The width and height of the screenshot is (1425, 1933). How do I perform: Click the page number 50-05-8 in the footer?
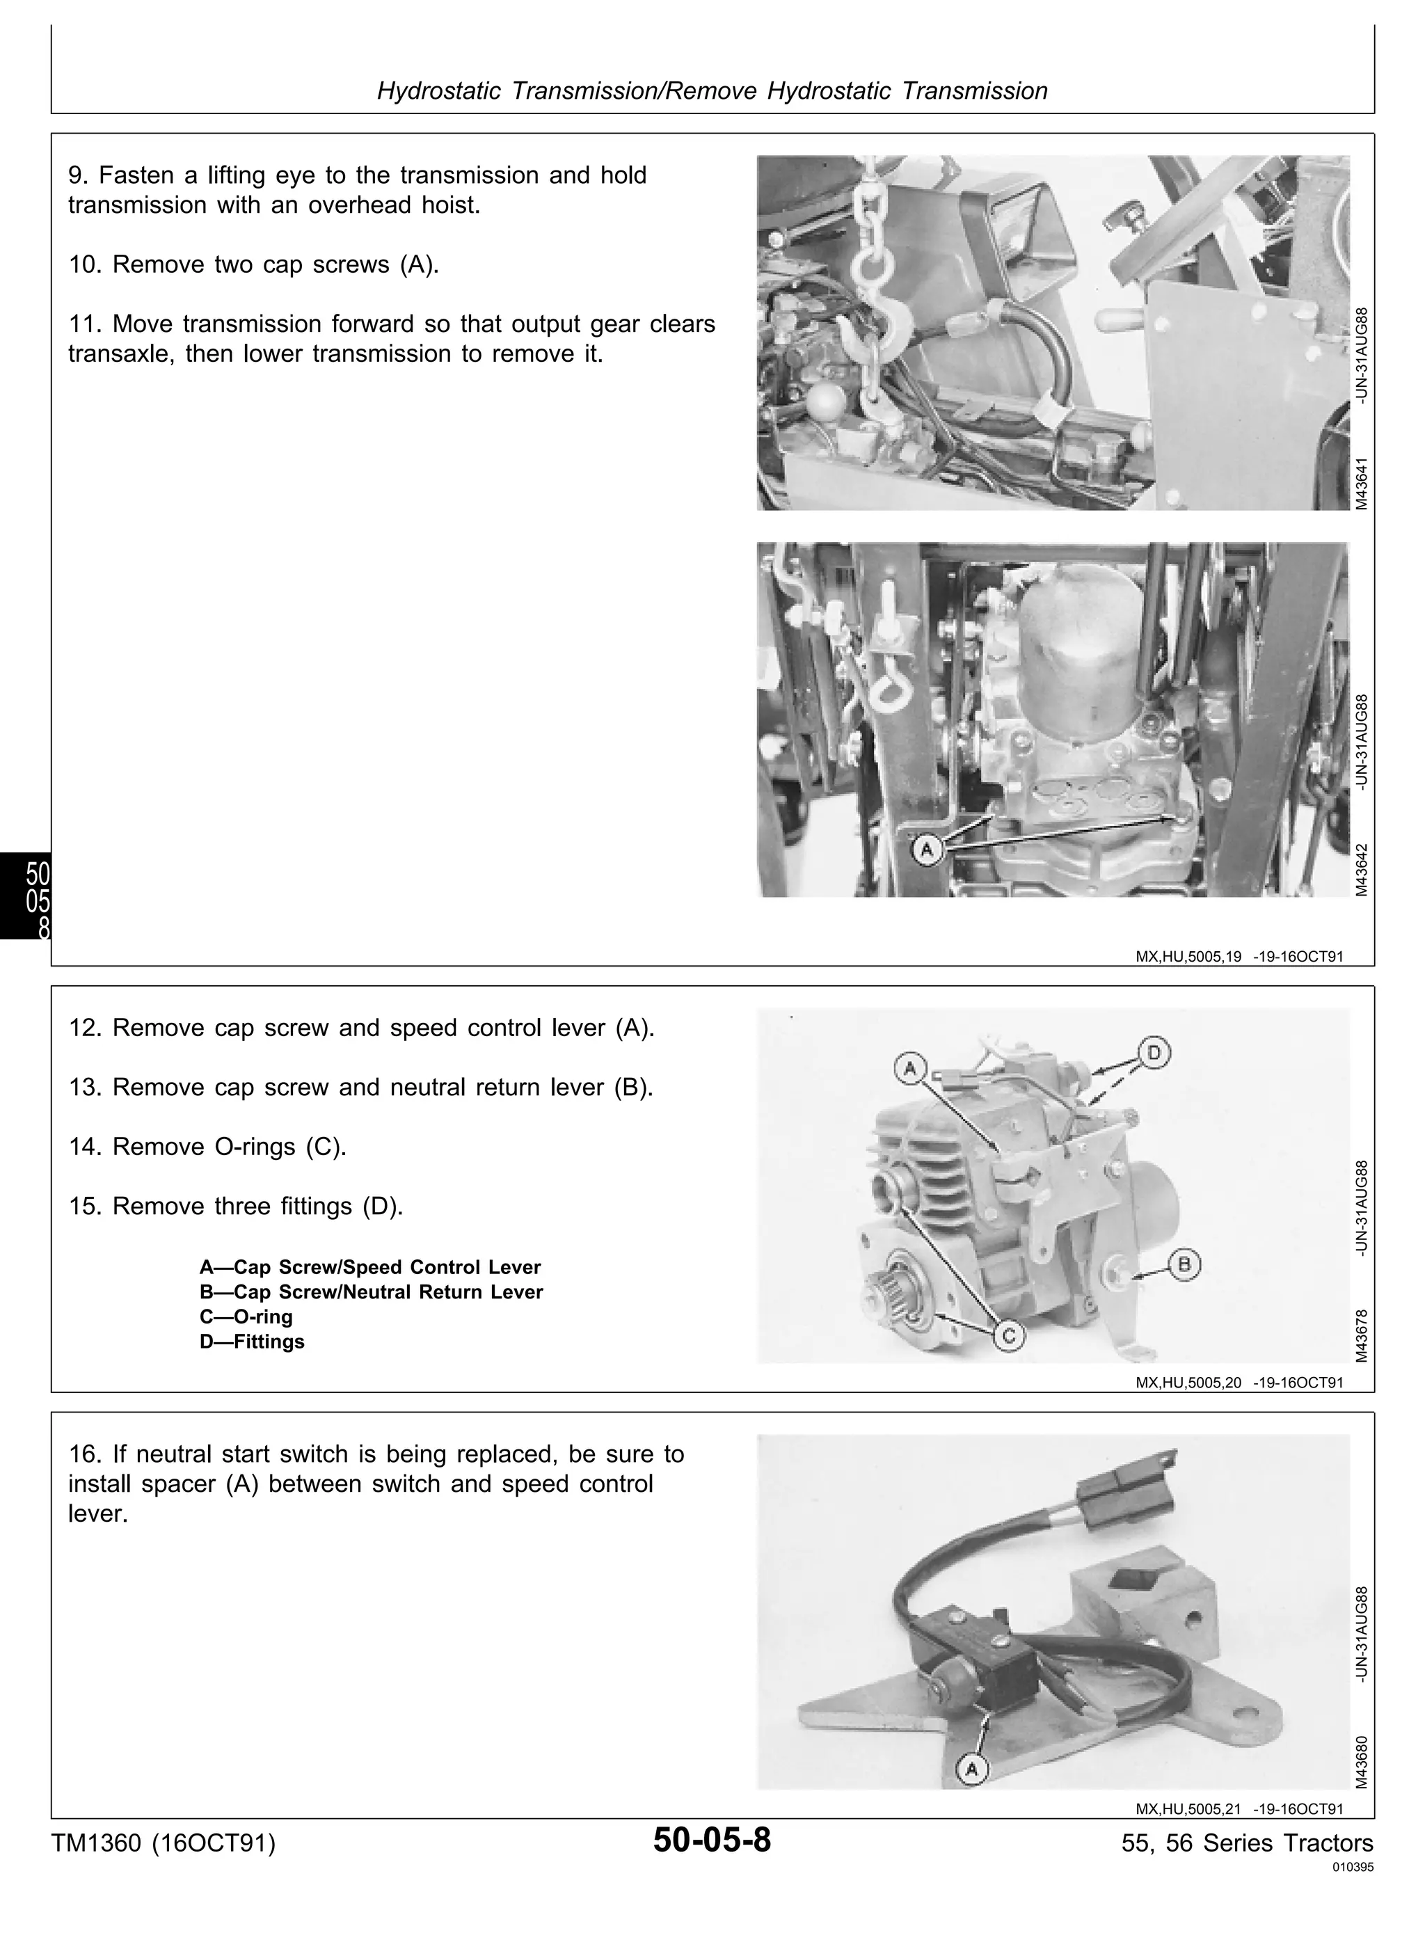click(712, 1840)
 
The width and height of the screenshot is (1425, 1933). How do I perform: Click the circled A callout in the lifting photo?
click(928, 850)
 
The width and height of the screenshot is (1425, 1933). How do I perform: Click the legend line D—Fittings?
click(252, 1342)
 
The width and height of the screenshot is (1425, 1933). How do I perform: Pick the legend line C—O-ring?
click(246, 1316)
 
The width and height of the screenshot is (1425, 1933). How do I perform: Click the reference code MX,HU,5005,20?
click(1188, 1383)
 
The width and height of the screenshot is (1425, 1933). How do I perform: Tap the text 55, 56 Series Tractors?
click(1248, 1843)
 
